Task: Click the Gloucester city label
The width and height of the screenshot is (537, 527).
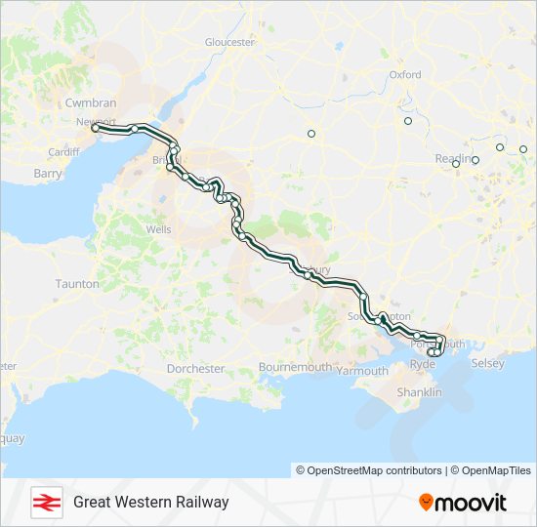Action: (229, 42)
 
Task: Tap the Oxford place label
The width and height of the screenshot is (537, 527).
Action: (405, 74)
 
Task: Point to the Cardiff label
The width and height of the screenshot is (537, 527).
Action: (62, 152)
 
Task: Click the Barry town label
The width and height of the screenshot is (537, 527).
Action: (47, 173)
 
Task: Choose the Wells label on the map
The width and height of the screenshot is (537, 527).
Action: (158, 229)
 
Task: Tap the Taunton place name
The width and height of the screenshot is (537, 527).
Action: (78, 284)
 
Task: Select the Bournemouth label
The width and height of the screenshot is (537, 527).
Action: (295, 367)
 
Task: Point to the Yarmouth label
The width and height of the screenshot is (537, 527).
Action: (362, 371)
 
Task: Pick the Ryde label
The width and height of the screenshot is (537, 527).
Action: (423, 364)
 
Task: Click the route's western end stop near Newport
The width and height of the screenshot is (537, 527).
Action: (95, 128)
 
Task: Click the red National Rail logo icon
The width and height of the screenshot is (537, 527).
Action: (45, 502)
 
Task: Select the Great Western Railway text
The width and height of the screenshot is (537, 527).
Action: (150, 502)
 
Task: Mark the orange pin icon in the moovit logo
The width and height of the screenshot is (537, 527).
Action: (427, 503)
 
